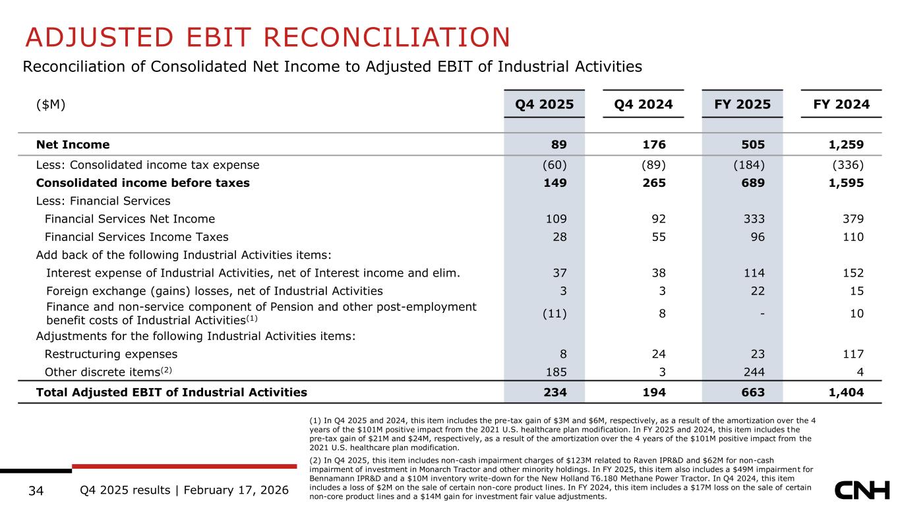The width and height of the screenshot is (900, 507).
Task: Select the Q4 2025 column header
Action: click(x=544, y=104)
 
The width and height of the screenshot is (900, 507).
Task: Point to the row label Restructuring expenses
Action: click(x=111, y=354)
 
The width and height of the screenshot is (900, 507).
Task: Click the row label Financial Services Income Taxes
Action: click(x=136, y=237)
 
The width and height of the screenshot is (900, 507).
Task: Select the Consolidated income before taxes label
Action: click(x=142, y=183)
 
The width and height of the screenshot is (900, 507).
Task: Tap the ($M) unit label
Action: click(x=51, y=104)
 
